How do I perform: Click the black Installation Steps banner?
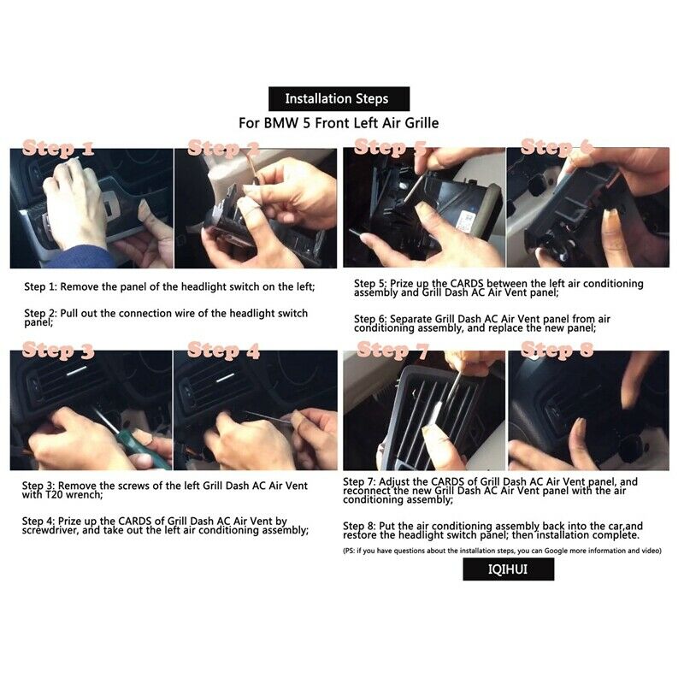point(339,99)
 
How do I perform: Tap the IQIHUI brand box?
point(508,569)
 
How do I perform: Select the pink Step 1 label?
point(58,148)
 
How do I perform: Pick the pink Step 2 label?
point(223,148)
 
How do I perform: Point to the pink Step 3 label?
point(58,351)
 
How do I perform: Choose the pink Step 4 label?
point(223,351)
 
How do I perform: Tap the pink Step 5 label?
point(390,147)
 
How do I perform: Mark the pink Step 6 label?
point(557,147)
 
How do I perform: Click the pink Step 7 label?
point(393,351)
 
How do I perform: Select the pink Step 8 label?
point(557,351)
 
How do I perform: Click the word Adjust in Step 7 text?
point(393,482)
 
